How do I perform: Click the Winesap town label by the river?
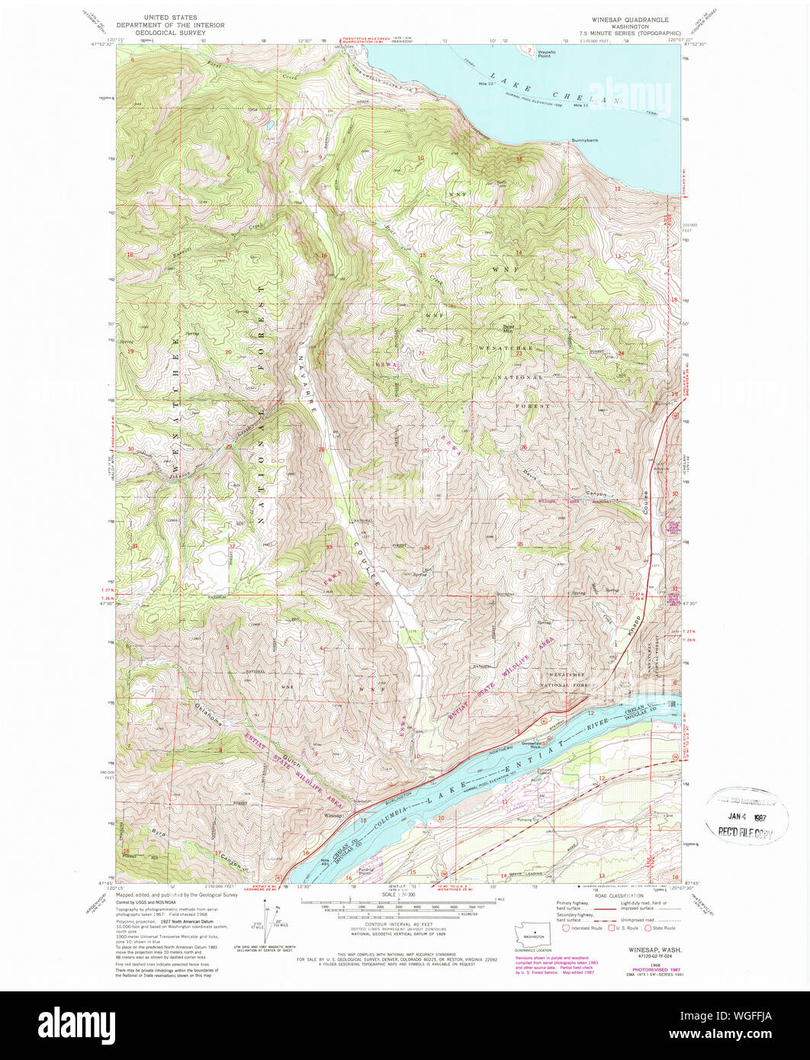coord(331,816)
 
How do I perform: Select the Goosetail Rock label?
coord(536,743)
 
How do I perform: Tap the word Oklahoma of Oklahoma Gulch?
coord(210,717)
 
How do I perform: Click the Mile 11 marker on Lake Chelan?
coord(581,104)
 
